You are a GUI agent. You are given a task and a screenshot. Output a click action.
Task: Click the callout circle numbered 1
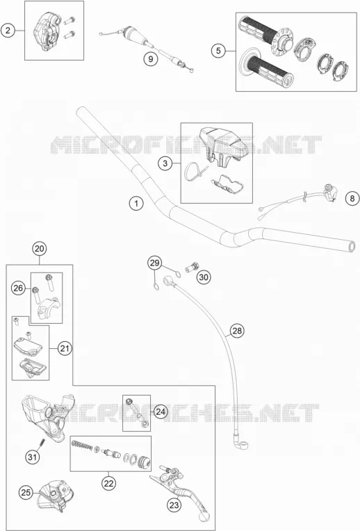click(136, 203)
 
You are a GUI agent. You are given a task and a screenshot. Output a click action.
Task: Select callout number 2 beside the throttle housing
click(8, 31)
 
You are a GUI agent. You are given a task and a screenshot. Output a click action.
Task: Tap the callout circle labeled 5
click(218, 51)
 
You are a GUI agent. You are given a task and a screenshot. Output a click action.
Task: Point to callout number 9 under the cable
click(150, 58)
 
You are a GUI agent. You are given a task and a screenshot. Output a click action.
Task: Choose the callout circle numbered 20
click(40, 249)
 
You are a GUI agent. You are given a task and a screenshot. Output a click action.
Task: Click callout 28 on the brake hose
click(237, 330)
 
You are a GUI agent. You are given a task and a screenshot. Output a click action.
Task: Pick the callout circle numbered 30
click(204, 277)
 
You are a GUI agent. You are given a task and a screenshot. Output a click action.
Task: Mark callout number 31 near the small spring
click(32, 457)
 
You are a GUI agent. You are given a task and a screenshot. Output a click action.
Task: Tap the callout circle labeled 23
click(174, 505)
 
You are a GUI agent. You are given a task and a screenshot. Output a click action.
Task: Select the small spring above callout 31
click(42, 442)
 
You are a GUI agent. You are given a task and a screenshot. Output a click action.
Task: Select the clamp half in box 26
click(48, 307)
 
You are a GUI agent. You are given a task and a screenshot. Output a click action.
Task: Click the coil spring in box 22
click(82, 444)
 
